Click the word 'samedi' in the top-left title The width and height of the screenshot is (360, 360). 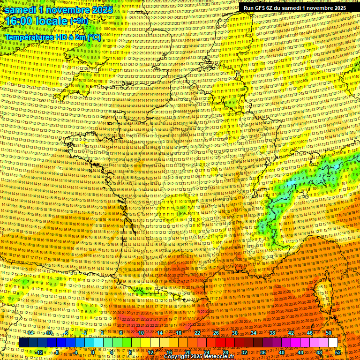(x=22, y=10)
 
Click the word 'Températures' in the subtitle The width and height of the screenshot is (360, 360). (x=31, y=36)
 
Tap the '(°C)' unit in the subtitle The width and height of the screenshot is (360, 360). (x=92, y=36)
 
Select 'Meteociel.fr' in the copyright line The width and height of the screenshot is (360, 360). (x=216, y=356)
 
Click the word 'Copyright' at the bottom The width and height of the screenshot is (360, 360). (x=179, y=356)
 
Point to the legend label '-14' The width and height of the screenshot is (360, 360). (x=30, y=333)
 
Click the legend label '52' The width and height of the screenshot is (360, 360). (x=338, y=352)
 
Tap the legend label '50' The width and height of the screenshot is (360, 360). (x=329, y=333)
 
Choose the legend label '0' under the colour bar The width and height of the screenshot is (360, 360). (x=93, y=352)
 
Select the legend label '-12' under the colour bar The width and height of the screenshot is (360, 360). (x=39, y=352)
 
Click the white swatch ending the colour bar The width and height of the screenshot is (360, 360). (x=333, y=343)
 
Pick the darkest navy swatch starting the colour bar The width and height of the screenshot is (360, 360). (x=23, y=343)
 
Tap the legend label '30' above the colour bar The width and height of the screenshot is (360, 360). (x=235, y=333)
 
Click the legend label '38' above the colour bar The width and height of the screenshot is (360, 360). (x=272, y=333)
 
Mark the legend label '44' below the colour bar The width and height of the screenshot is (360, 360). (x=300, y=352)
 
